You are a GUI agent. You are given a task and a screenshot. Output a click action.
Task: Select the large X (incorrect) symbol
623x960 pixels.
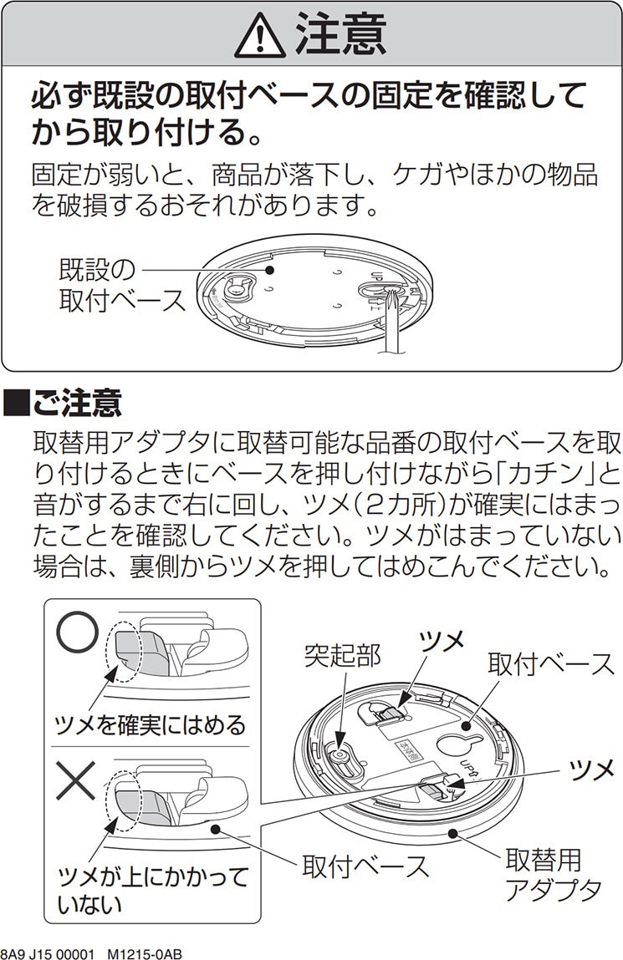(x=75, y=781)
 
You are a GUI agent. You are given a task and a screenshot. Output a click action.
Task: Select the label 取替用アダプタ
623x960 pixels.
(x=552, y=874)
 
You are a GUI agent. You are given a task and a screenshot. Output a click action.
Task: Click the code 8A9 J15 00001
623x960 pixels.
(x=50, y=952)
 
